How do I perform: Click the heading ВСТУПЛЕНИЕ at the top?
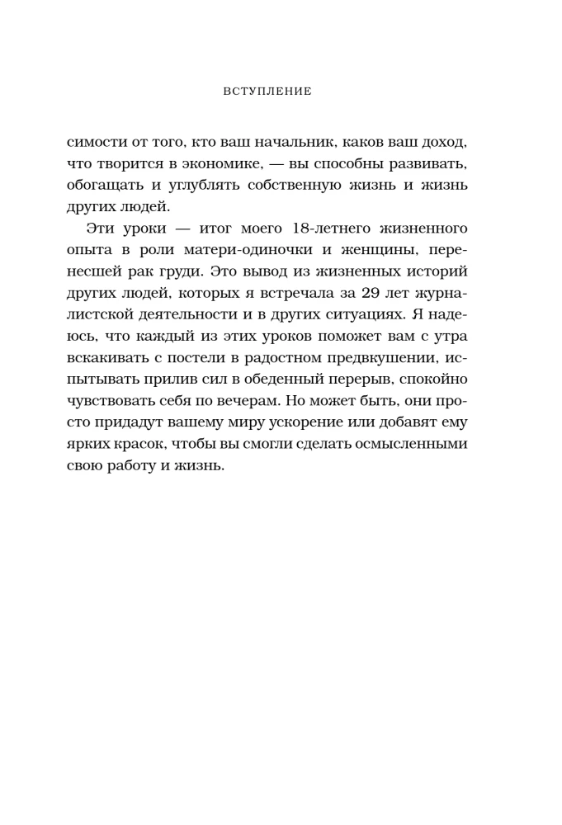click(267, 91)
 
